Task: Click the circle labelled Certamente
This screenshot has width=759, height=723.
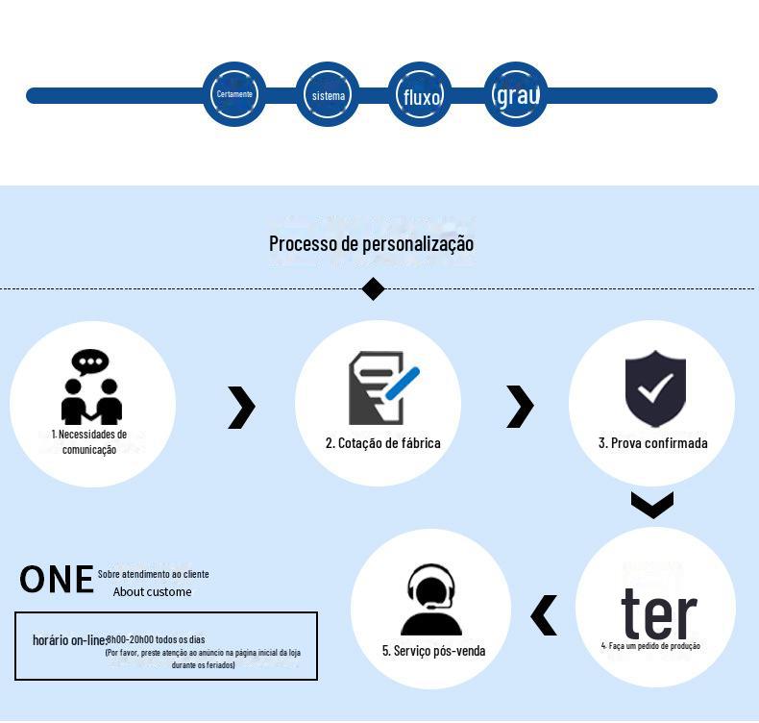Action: click(x=234, y=94)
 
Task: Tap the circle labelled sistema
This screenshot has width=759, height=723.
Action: click(x=328, y=95)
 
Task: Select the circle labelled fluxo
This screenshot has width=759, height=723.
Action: click(x=421, y=95)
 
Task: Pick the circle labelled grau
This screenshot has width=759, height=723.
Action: click(x=516, y=94)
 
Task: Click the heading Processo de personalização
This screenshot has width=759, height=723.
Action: click(x=371, y=243)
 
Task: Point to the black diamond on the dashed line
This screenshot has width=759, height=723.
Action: click(x=373, y=288)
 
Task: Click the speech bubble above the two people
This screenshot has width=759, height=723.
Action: click(x=90, y=362)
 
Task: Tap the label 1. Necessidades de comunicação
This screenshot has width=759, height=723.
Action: click(x=89, y=441)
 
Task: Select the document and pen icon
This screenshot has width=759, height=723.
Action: click(x=381, y=387)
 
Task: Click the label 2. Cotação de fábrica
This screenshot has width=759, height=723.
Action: click(x=382, y=443)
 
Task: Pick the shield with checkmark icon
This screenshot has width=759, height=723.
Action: click(x=655, y=387)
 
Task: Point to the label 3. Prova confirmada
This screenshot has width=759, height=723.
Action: click(x=653, y=443)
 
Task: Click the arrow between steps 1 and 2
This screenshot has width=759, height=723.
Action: click(x=241, y=407)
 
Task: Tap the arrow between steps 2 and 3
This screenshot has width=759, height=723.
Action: click(x=519, y=406)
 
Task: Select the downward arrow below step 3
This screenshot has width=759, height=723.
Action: click(x=652, y=504)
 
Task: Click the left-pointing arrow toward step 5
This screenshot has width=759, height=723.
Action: click(x=544, y=615)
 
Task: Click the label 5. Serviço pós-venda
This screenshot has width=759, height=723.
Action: click(x=433, y=651)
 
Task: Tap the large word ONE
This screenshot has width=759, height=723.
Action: click(x=57, y=580)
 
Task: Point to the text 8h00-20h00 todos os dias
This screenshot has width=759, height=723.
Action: click(x=156, y=639)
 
